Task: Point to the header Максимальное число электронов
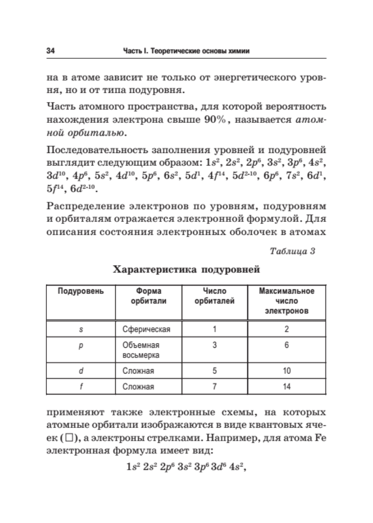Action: click(286, 301)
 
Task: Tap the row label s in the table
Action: click(81, 329)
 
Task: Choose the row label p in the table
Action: click(81, 345)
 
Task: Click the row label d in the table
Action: click(81, 371)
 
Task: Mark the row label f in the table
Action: click(81, 387)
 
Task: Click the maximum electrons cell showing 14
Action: click(286, 387)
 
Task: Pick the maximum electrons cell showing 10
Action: click(286, 371)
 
